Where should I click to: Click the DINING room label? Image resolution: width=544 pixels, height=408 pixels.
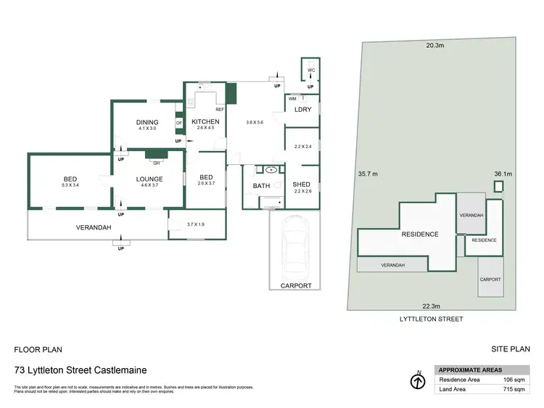tap(147, 122)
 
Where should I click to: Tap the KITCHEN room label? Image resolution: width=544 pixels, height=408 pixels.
tap(205, 121)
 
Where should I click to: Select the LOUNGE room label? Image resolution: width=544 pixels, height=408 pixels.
tap(150, 179)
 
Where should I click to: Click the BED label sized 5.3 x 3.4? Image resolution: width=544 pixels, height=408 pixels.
tap(70, 179)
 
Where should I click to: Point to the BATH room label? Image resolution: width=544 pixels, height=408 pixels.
tap(261, 186)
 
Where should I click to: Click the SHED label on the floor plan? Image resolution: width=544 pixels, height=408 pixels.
tap(302, 184)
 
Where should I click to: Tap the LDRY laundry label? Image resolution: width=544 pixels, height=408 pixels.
tap(302, 110)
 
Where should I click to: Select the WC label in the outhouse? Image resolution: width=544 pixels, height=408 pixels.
tap(311, 70)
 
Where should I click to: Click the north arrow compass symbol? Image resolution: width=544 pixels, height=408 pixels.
tap(417, 380)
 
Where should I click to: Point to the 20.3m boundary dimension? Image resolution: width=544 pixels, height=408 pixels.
tap(434, 45)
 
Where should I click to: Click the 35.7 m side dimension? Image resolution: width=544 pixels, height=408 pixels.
tap(369, 174)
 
